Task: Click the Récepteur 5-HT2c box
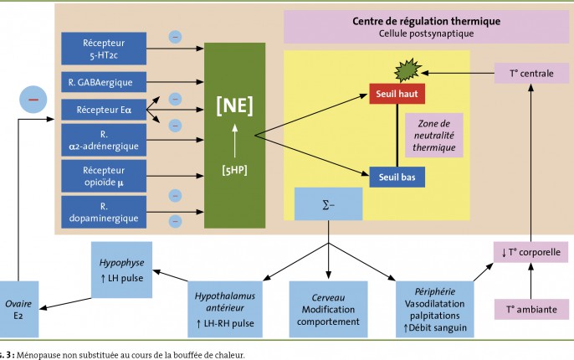[x=104, y=49]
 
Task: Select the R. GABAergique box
[x=104, y=82]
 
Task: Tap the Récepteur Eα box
[x=104, y=110]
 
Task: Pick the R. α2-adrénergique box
[x=104, y=140]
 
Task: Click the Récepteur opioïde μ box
[x=104, y=176]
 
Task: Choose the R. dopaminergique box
[x=104, y=212]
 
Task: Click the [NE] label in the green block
[x=234, y=105]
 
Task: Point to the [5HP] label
[x=234, y=170]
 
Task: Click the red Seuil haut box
[x=397, y=94]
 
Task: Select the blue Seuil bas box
[x=397, y=177]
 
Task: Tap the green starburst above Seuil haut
[x=407, y=69]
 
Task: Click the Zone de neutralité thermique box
[x=434, y=135]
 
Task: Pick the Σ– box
[x=328, y=204]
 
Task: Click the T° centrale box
[x=531, y=73]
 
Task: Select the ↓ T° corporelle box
[x=530, y=252]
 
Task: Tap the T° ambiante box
[x=531, y=310]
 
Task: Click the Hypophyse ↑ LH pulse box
[x=121, y=270]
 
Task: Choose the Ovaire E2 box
[x=18, y=309]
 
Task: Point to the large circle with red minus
[x=33, y=100]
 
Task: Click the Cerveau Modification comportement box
[x=328, y=309]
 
